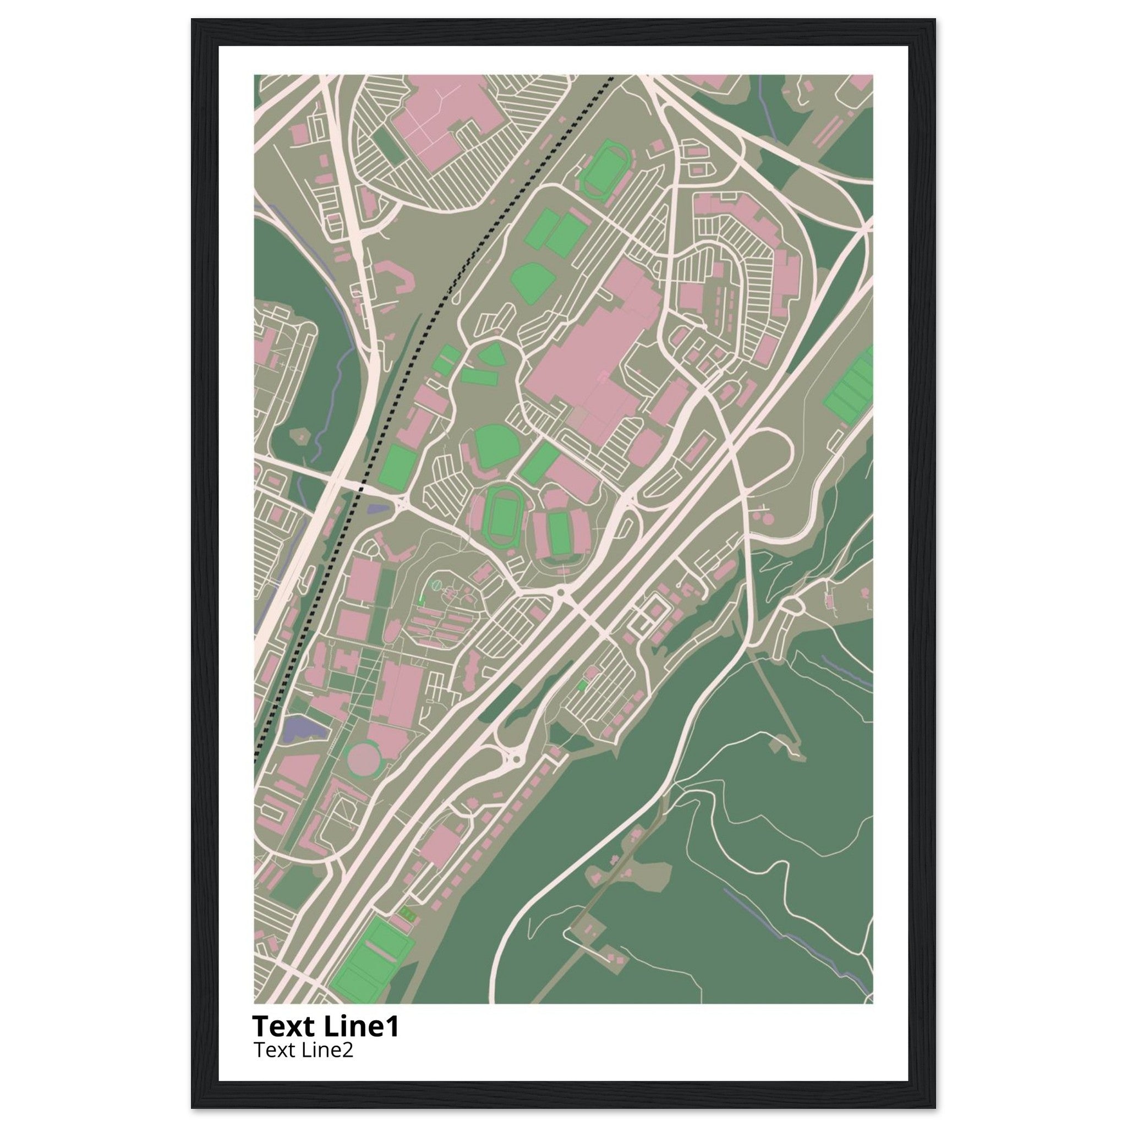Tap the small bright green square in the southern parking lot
(581, 686)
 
